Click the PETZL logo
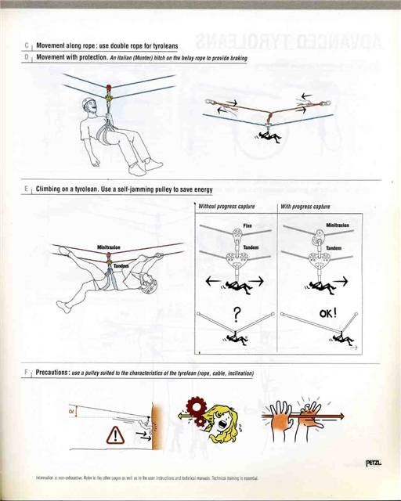[x=374, y=463]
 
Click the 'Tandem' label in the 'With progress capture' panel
[x=334, y=248]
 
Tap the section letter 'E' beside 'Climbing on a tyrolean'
[x=27, y=189]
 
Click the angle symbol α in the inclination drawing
[x=73, y=410]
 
